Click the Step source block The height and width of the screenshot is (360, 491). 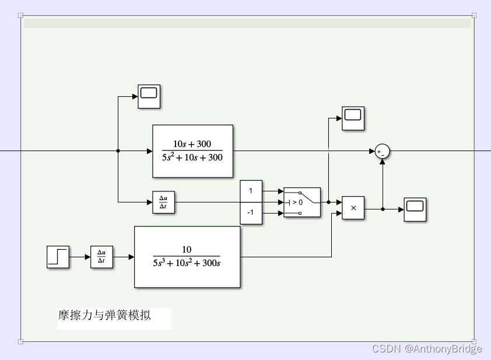(58, 257)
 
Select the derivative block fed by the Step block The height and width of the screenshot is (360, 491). (101, 257)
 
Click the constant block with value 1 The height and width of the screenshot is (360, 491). (251, 191)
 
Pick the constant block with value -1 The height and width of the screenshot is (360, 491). (251, 213)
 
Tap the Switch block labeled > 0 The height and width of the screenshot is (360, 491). (302, 202)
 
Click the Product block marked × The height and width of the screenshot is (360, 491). (353, 208)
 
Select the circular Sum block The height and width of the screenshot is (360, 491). (382, 151)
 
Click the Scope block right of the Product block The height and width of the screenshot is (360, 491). (415, 209)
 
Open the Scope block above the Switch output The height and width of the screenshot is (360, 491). (353, 118)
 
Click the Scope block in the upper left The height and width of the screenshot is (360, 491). (149, 96)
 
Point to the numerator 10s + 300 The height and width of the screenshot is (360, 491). (192, 144)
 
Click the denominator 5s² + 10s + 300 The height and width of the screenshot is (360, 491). (192, 158)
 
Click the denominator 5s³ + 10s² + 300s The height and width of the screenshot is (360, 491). (187, 263)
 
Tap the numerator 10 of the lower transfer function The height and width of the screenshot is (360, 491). (187, 250)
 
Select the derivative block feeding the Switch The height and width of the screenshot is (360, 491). (163, 202)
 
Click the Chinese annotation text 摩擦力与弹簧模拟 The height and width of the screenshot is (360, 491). (104, 316)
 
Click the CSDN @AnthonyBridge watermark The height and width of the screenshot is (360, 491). (427, 348)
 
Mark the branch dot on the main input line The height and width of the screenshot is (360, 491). (118, 151)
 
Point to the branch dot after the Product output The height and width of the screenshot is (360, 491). (383, 208)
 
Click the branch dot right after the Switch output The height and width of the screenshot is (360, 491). (328, 202)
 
